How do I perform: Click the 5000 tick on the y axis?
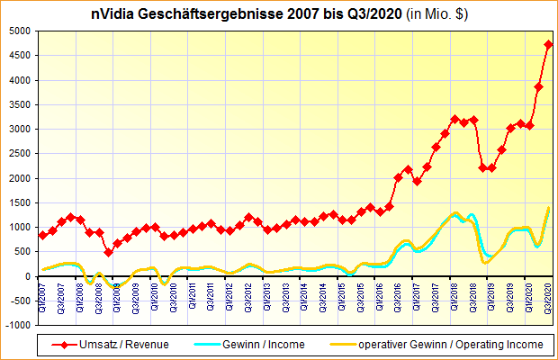(x=21, y=31)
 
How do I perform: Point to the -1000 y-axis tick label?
(x=18, y=325)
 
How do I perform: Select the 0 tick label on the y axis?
(x=29, y=276)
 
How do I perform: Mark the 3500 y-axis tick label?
(x=21, y=104)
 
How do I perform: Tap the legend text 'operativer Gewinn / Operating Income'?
(x=450, y=344)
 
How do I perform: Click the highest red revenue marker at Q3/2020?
(x=549, y=44)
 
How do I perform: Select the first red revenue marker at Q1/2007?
(x=42, y=236)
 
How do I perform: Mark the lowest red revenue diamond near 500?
(x=108, y=252)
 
